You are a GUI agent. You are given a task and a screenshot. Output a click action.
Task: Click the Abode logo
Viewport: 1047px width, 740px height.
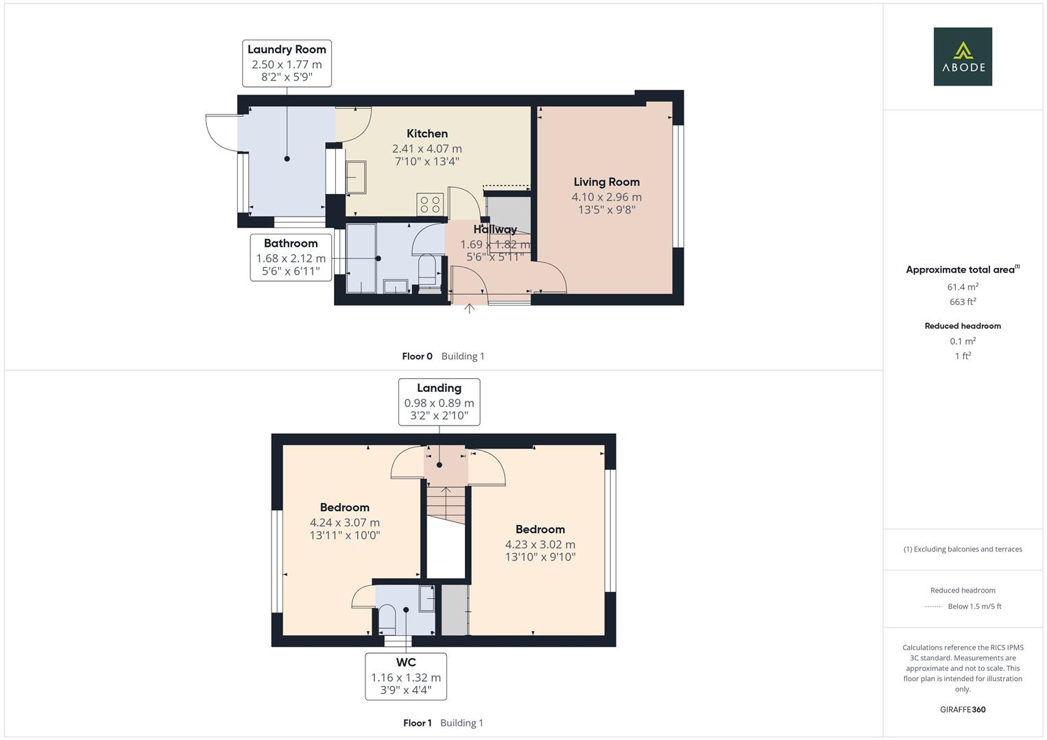click(963, 57)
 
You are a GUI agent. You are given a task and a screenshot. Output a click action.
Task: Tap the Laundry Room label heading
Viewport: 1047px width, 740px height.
click(287, 49)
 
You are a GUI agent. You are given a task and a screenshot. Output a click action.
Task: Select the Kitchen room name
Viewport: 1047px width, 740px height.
click(427, 134)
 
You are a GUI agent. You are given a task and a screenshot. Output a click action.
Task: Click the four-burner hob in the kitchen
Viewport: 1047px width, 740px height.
click(431, 204)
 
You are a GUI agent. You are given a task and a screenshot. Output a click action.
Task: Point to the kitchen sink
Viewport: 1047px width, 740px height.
click(356, 177)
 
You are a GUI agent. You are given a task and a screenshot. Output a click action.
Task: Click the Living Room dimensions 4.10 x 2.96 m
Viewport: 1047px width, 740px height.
click(607, 197)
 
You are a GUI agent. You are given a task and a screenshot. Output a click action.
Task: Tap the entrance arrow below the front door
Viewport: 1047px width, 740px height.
click(469, 309)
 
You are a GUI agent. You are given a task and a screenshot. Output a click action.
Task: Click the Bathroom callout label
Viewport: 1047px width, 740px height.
click(291, 243)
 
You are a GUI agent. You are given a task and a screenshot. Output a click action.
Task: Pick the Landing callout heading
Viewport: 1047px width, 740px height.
click(439, 388)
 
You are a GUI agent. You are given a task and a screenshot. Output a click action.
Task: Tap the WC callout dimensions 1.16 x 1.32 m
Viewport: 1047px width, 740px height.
click(406, 677)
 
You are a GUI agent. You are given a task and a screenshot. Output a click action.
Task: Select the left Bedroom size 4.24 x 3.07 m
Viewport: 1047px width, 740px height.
click(344, 522)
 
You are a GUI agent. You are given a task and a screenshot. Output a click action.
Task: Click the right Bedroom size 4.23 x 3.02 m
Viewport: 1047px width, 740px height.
click(540, 544)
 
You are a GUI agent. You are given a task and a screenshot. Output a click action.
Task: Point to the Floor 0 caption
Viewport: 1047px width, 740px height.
click(418, 356)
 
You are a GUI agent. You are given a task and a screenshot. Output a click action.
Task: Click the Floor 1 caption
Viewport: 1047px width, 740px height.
click(418, 723)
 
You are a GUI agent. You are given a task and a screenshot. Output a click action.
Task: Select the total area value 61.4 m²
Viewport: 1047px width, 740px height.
click(963, 287)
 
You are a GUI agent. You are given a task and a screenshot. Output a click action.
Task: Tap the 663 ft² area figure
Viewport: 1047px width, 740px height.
click(963, 302)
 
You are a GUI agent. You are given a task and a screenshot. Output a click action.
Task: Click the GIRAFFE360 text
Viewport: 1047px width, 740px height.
click(963, 709)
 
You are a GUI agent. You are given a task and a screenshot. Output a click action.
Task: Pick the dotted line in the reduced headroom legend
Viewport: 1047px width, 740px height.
click(934, 606)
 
